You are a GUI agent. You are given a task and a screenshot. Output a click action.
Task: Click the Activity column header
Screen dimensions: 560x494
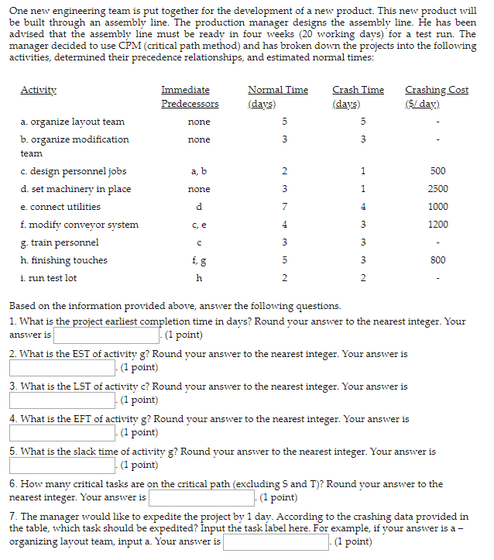[x=38, y=90]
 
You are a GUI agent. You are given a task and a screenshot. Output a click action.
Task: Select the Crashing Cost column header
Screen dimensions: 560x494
[x=437, y=96]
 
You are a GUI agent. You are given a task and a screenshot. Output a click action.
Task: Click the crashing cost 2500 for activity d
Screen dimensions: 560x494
[x=437, y=189]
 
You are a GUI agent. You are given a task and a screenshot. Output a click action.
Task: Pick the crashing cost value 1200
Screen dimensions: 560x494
[x=437, y=225]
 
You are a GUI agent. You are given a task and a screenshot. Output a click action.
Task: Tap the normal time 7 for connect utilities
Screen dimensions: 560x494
[x=284, y=207]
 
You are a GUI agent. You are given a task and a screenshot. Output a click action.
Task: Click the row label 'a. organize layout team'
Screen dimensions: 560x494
[x=73, y=122]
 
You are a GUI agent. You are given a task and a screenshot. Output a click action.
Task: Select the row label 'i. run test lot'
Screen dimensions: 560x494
[x=49, y=278]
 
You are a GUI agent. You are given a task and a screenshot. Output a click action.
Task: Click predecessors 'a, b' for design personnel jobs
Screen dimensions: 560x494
[x=199, y=171]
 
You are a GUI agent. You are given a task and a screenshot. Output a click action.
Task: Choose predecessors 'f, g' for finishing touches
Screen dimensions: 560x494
[x=199, y=260]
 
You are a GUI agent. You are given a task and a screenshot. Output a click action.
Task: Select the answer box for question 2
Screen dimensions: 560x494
[x=61, y=368]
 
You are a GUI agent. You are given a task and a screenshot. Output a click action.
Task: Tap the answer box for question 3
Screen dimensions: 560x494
[x=61, y=400]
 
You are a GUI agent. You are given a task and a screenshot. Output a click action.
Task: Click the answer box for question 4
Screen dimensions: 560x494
[x=61, y=433]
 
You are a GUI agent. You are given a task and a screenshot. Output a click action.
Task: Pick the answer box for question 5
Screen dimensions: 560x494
[x=61, y=466]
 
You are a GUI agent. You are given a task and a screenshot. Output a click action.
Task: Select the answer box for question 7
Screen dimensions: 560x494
[x=276, y=542]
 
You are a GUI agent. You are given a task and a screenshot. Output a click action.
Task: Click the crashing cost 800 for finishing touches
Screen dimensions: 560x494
[x=437, y=260]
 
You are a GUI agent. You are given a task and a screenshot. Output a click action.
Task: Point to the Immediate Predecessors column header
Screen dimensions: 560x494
[x=190, y=96]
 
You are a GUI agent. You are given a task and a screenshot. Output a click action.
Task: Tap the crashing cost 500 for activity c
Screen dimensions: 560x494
[x=437, y=171]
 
